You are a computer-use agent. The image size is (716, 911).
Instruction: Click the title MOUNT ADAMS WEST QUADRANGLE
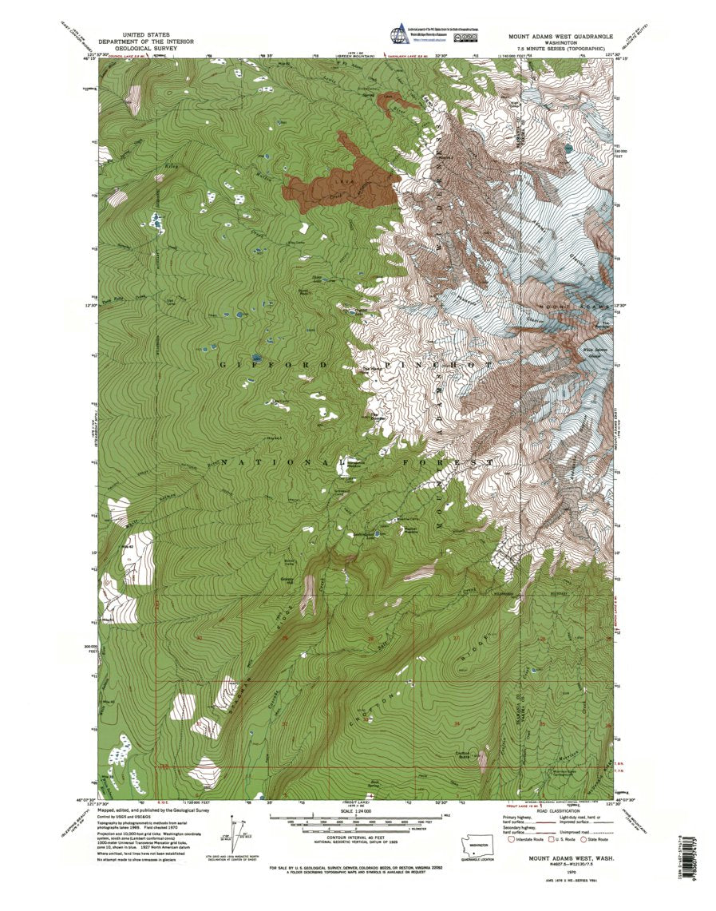tap(560, 37)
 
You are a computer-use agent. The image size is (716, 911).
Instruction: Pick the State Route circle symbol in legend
tap(583, 840)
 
